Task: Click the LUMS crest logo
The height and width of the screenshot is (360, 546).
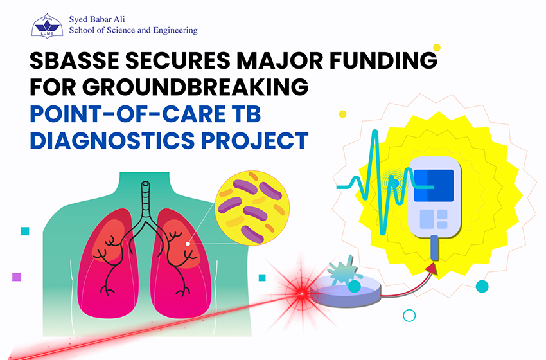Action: (x=47, y=26)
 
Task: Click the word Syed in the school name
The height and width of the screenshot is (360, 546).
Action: (x=76, y=20)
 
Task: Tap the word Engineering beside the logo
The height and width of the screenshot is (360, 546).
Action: (x=175, y=31)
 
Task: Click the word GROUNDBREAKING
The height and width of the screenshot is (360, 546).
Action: (x=195, y=87)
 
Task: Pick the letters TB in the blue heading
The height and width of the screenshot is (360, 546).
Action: (x=247, y=114)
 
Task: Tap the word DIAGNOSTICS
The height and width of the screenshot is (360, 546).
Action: (x=112, y=140)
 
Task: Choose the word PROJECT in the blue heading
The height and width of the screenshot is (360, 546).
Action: (x=254, y=140)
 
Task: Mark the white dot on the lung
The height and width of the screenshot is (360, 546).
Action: (x=188, y=244)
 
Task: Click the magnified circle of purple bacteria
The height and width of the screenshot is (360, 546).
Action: (x=252, y=208)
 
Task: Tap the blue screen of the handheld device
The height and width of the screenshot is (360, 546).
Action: (x=434, y=185)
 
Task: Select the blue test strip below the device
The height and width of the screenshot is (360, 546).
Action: (x=434, y=248)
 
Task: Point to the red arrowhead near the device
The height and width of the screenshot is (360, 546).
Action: (x=432, y=268)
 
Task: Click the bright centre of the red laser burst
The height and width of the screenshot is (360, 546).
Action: (x=301, y=294)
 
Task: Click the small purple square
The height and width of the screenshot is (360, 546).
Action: (x=16, y=276)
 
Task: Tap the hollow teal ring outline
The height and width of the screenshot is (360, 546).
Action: (x=409, y=316)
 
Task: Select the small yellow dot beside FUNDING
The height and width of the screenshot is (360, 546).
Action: (x=437, y=48)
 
